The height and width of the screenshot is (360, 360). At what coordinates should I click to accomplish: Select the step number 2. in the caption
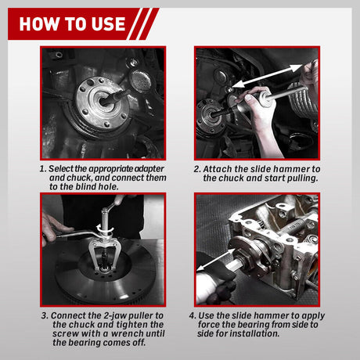(196, 168)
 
